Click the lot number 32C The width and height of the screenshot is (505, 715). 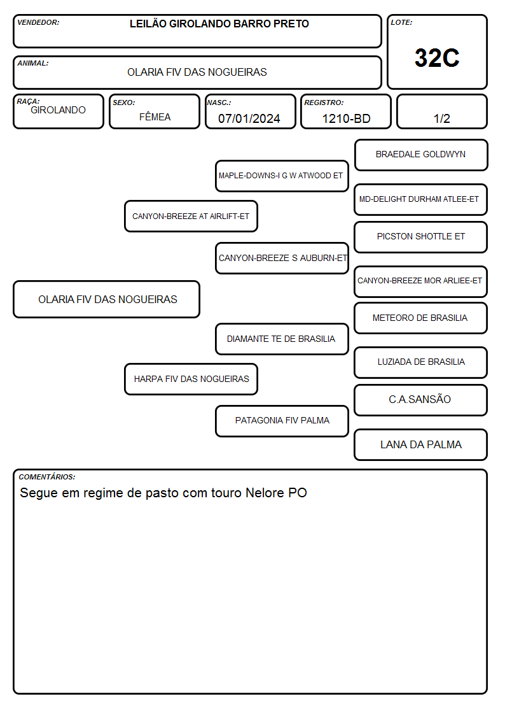pyautogui.click(x=437, y=58)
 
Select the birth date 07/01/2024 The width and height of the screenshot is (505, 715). pyautogui.click(x=249, y=118)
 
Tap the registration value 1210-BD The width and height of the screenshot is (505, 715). pyautogui.click(x=346, y=118)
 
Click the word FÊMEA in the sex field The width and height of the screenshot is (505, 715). pyautogui.click(x=155, y=117)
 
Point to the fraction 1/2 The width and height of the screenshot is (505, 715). pyautogui.click(x=441, y=118)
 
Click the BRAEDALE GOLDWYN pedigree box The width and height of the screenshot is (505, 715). pyautogui.click(x=421, y=155)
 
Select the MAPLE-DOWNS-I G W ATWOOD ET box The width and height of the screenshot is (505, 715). pyautogui.click(x=282, y=176)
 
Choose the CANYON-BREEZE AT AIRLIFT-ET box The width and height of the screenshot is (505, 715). pyautogui.click(x=191, y=216)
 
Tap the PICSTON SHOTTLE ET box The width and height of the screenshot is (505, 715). pyautogui.click(x=421, y=237)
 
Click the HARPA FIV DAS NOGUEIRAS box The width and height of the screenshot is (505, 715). pyautogui.click(x=191, y=379)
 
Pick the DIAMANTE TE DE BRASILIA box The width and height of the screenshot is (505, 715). pyautogui.click(x=282, y=339)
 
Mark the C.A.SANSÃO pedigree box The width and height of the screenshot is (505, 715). pyautogui.click(x=421, y=400)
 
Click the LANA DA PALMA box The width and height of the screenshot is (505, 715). pyautogui.click(x=421, y=444)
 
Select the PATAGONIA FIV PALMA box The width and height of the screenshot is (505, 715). pyautogui.click(x=282, y=421)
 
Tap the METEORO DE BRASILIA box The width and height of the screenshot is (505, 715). pyautogui.click(x=421, y=318)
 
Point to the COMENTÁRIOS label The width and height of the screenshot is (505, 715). pyautogui.click(x=47, y=477)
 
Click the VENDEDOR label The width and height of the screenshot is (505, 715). pyautogui.click(x=38, y=22)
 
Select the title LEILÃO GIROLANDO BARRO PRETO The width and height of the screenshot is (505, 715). pyautogui.click(x=219, y=24)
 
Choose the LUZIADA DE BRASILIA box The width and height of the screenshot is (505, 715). pyautogui.click(x=421, y=362)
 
